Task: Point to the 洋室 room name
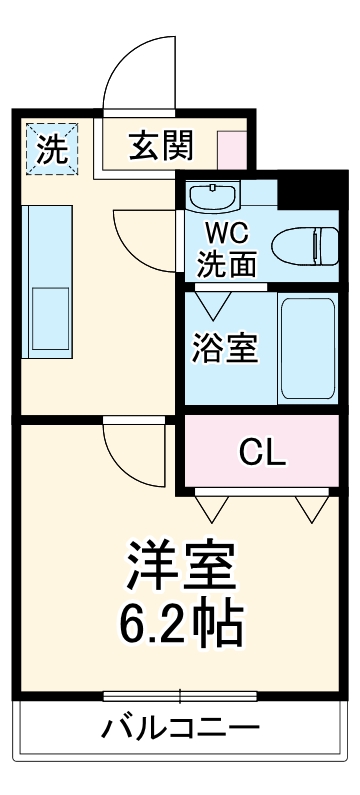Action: click(x=180, y=565)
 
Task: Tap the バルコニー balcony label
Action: click(x=180, y=728)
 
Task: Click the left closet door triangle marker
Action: click(x=212, y=508)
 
